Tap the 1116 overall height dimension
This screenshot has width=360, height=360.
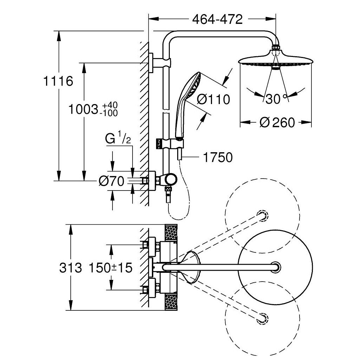[58, 81]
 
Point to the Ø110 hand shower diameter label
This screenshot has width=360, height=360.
[213, 99]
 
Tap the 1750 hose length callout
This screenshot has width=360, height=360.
[218, 157]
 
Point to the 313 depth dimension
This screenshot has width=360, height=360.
[70, 268]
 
